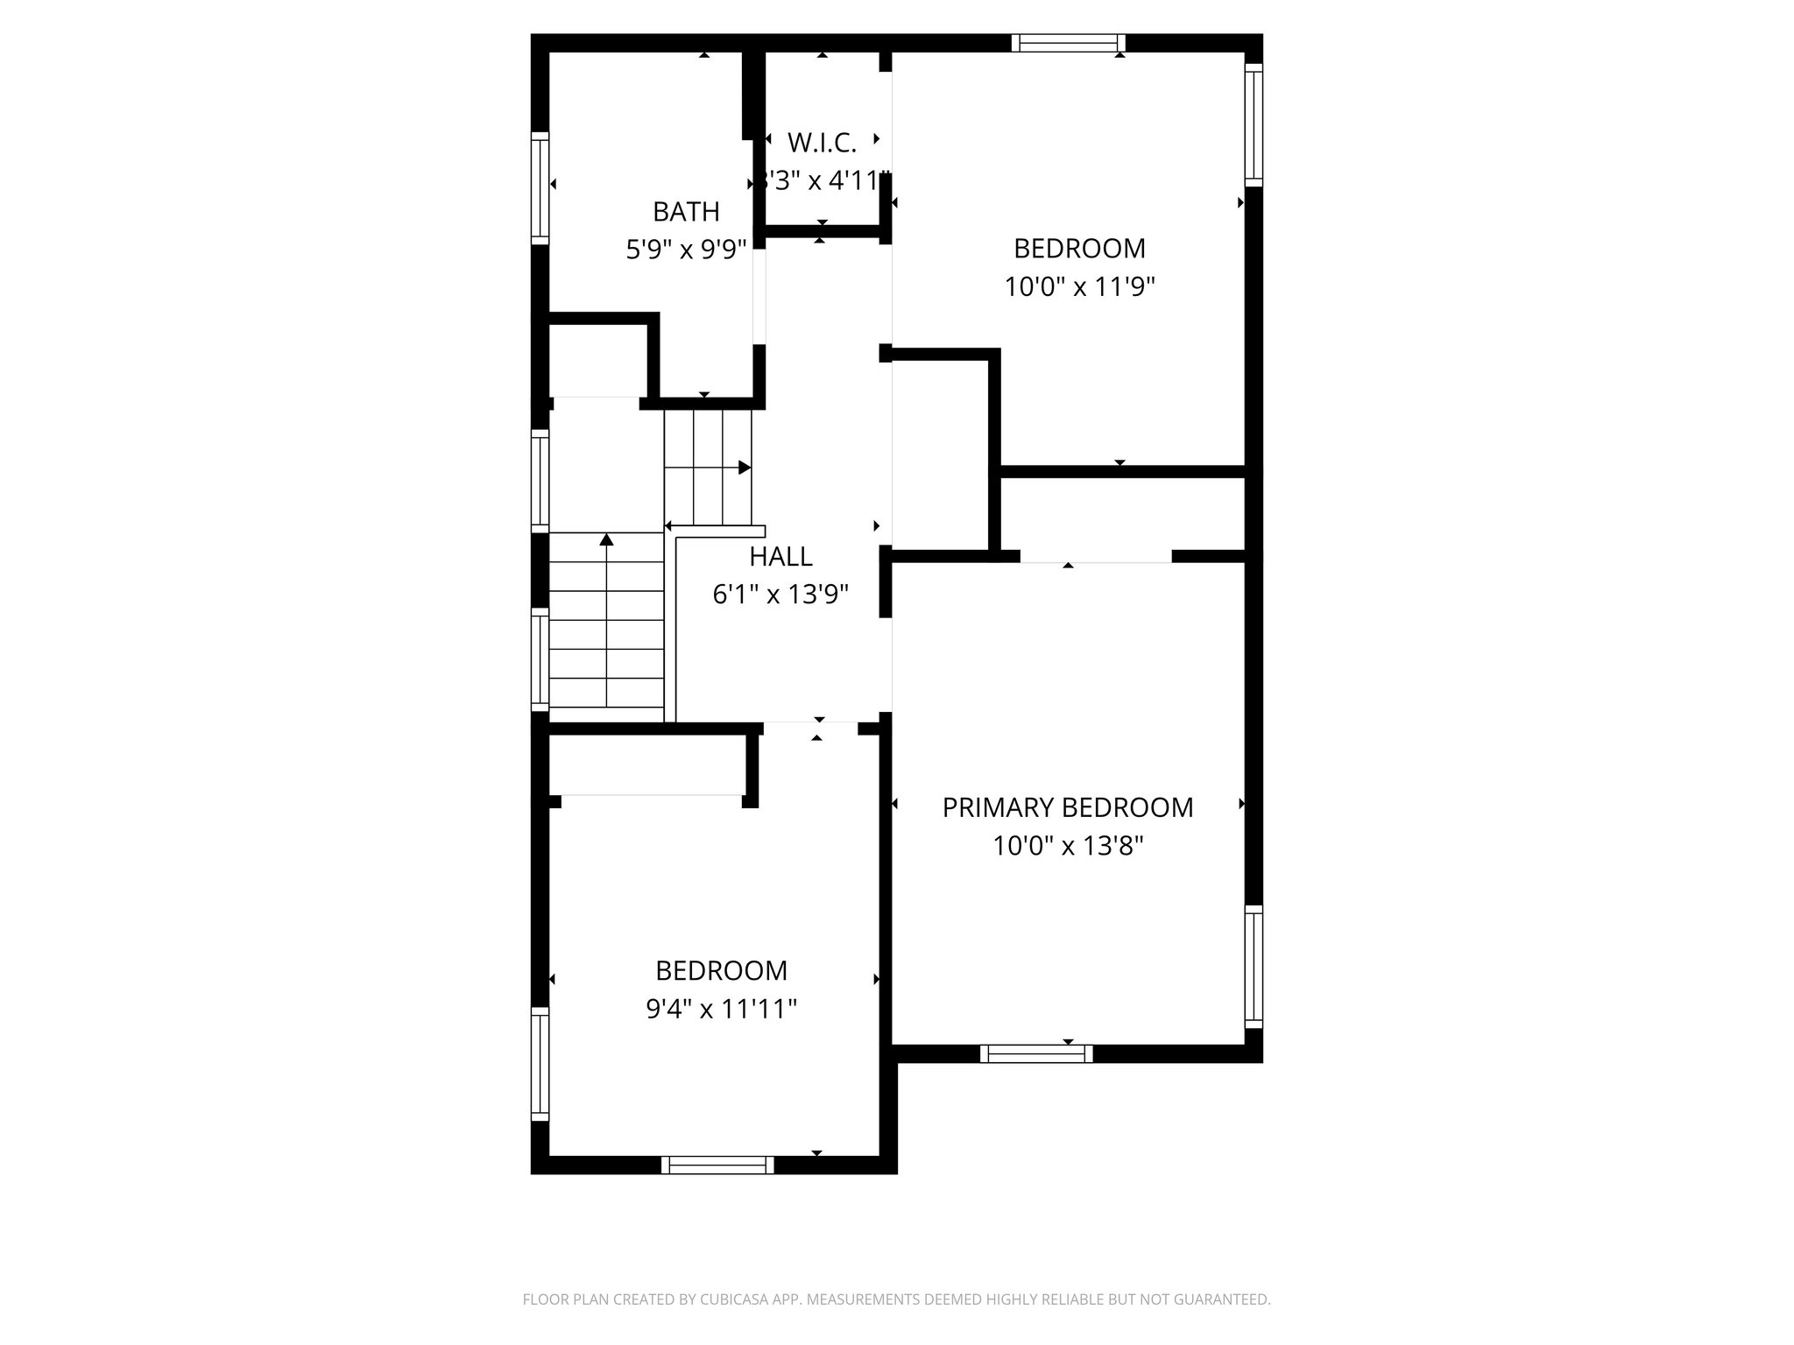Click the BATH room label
686,212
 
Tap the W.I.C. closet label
822,142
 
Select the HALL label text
780,557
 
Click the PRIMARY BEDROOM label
1068,807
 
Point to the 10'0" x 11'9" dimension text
1079,287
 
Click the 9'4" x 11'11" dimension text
721,1010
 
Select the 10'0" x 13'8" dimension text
1068,846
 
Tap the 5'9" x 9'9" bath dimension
686,250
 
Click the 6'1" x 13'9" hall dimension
780,595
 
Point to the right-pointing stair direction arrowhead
745,468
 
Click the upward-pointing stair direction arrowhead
606,539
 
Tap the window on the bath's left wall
540,188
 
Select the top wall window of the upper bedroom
1068,43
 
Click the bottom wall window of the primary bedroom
1036,1053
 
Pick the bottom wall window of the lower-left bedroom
717,1165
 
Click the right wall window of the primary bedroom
1254,967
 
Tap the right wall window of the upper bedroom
1254,124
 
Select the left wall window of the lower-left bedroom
540,1064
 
